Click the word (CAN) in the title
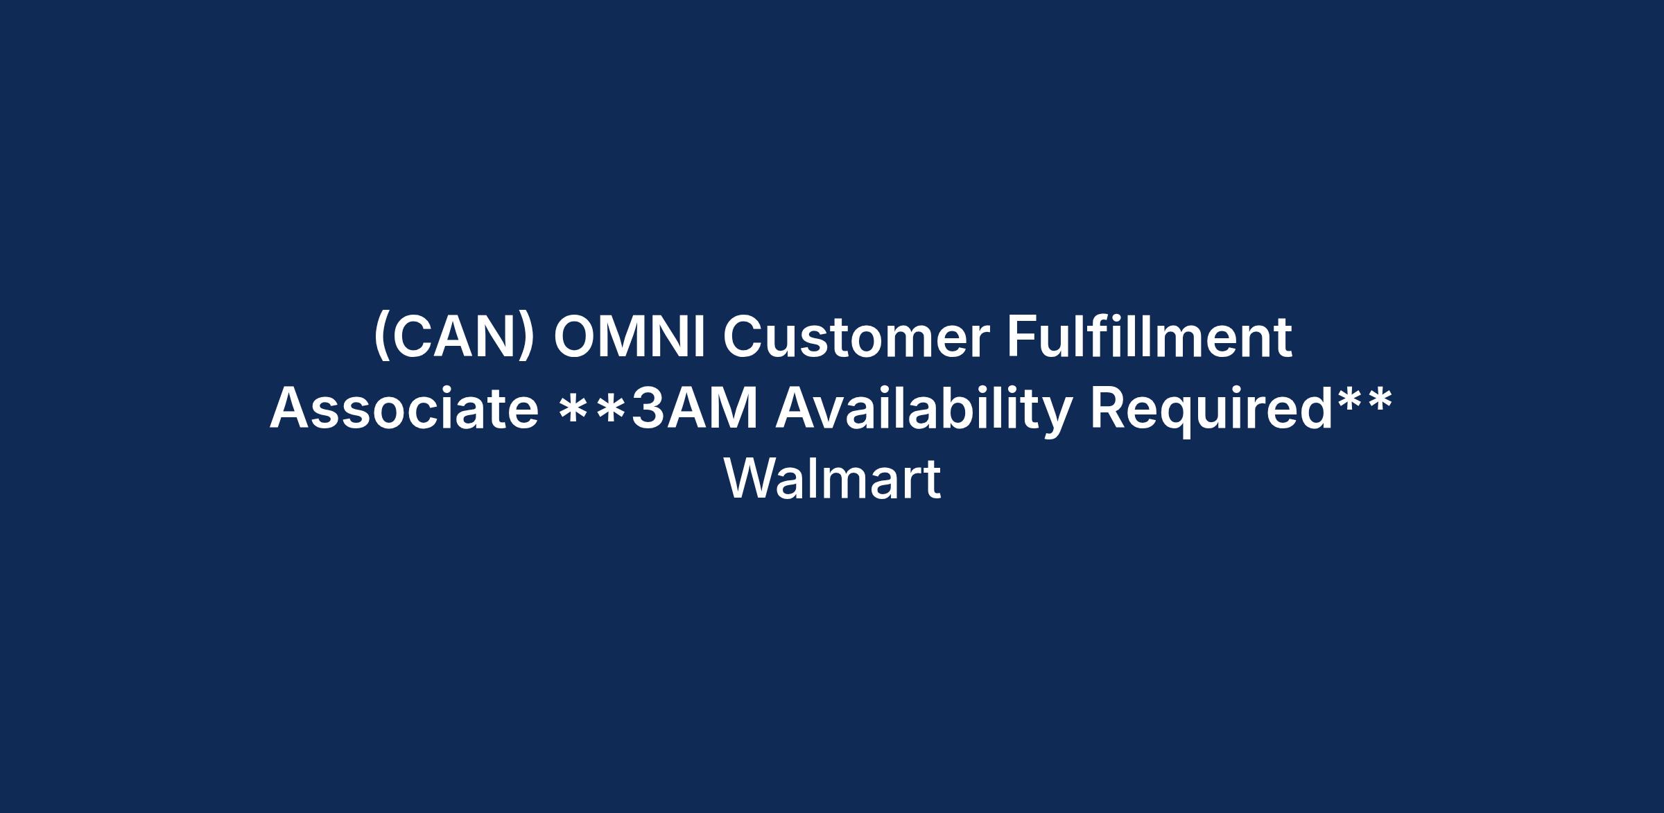click(454, 338)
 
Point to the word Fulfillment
click(1150, 337)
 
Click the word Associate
click(404, 409)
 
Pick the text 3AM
click(695, 409)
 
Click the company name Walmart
click(833, 479)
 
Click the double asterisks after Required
click(1364, 403)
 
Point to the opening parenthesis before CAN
click(381, 338)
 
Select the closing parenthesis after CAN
click(528, 338)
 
